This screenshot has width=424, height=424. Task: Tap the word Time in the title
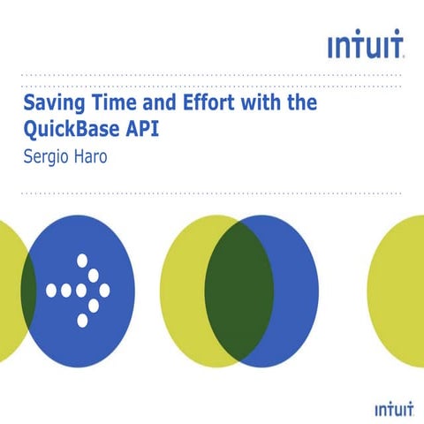coord(115,103)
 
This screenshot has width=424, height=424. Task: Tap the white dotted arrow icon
coord(80,290)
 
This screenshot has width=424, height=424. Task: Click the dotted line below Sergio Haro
coord(212,192)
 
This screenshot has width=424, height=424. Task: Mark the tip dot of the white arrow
coord(104,290)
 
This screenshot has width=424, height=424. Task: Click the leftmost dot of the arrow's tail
coord(51,290)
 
